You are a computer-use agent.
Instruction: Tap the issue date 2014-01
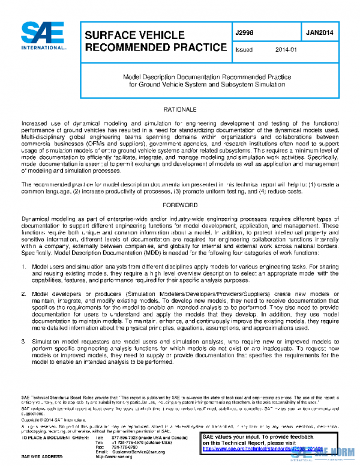click(286, 50)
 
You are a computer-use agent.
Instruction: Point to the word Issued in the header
click(244, 50)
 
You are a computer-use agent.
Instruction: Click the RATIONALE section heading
click(180, 110)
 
